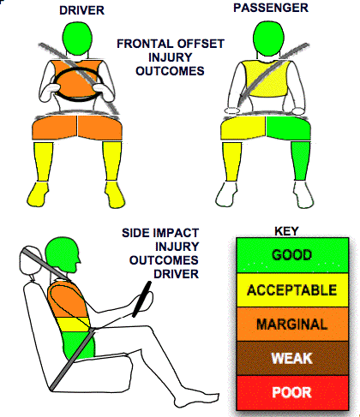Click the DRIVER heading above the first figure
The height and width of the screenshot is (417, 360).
pos(81,10)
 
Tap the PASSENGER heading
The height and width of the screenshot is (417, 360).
pos(271,8)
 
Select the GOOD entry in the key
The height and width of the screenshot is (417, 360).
pos(292,255)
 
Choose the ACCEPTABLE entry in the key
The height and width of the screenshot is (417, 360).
pos(292,290)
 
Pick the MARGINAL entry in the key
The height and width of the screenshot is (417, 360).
pos(292,325)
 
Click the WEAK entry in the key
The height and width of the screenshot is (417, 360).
pos(292,358)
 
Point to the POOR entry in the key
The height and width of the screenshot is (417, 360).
pos(292,392)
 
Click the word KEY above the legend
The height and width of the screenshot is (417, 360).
pos(286,231)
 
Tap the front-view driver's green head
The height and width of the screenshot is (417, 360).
pos(77,38)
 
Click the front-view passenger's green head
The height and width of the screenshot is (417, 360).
pos(268,39)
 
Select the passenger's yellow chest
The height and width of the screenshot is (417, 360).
pos(266,79)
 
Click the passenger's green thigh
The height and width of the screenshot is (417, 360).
pos(288,128)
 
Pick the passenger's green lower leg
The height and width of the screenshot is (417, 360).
pos(301,161)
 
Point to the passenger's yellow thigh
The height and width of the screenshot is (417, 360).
pos(243,128)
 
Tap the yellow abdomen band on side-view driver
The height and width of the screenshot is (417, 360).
pos(73,325)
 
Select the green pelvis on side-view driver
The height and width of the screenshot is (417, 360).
pos(78,345)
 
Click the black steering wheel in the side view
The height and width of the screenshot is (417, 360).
pos(141,299)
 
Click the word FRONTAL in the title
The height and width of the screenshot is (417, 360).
pos(143,44)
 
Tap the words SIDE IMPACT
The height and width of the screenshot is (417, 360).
pos(160,233)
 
